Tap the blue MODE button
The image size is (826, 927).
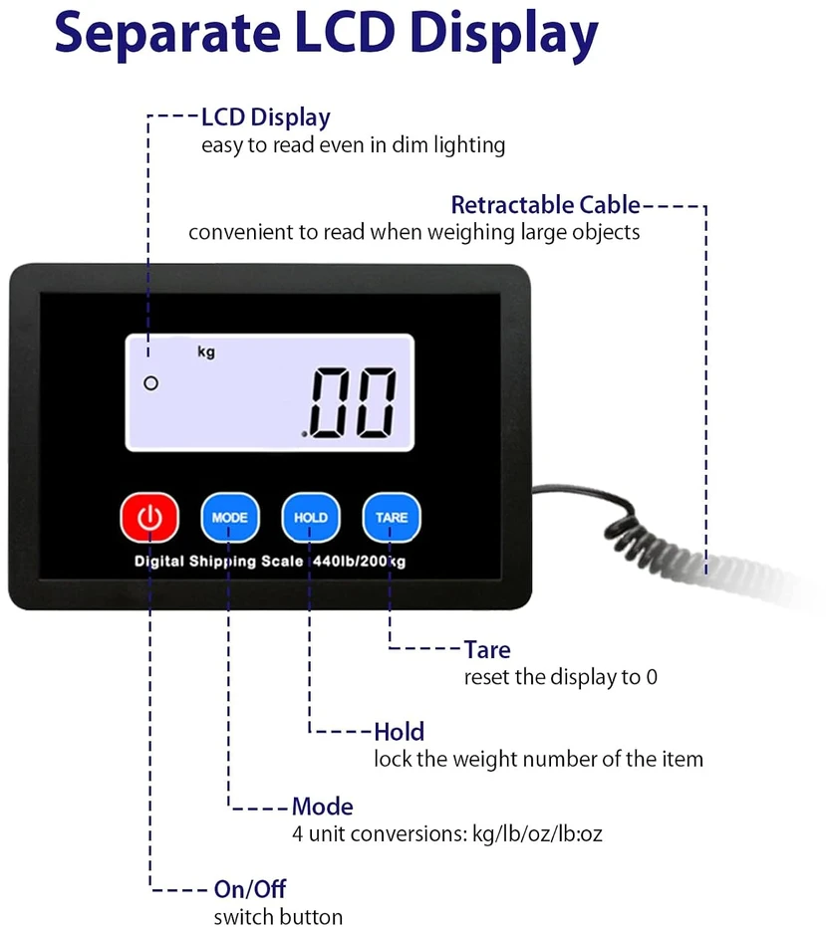(229, 518)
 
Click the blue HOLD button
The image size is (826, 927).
(311, 518)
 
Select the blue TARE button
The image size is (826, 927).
(392, 518)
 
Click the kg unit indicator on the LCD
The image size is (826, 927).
(206, 352)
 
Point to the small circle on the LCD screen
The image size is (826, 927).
(150, 383)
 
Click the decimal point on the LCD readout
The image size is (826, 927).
(305, 434)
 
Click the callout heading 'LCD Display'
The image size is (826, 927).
(266, 117)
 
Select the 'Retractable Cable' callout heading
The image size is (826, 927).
(546, 204)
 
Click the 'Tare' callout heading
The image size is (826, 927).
(487, 650)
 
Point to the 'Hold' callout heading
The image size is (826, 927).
(399, 732)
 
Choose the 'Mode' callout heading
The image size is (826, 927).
(323, 807)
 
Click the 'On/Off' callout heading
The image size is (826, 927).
(250, 888)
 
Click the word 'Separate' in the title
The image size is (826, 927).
(167, 33)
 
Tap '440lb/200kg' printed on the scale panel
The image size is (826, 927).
(359, 561)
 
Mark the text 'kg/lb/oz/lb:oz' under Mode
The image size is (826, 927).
(537, 834)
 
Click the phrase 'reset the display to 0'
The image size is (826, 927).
(560, 677)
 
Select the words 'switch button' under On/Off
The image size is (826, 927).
(278, 916)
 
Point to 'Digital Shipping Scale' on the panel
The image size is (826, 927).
(218, 562)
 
